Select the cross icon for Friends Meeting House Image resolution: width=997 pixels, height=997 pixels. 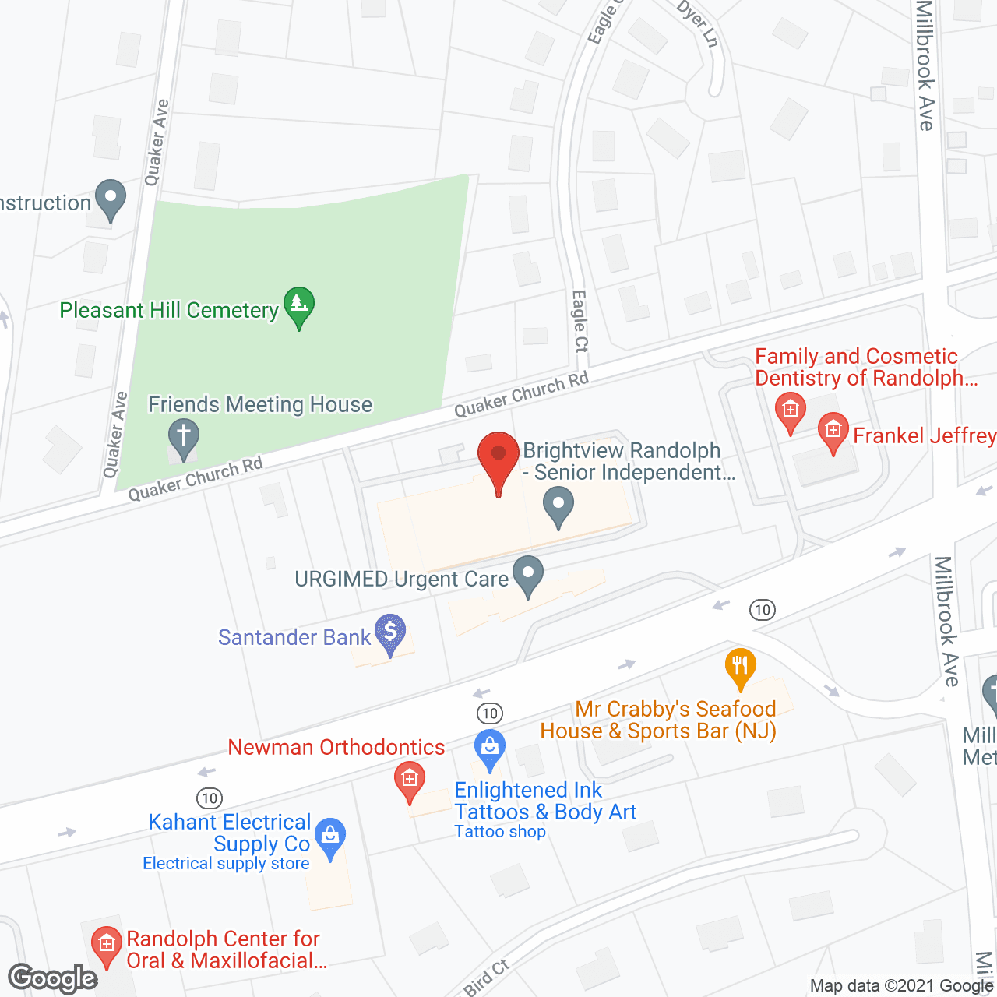point(184,439)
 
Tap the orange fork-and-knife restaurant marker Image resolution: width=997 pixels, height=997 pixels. point(740,667)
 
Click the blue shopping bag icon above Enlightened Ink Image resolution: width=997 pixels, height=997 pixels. point(490,749)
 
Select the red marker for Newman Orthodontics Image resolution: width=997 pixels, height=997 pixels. point(409,780)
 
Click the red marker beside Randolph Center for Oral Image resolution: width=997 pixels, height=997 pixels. point(107,945)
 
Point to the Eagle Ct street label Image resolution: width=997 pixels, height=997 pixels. point(580,321)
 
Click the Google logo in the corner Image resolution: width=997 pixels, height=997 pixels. point(53,979)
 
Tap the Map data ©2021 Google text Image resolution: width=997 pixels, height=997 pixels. point(901,986)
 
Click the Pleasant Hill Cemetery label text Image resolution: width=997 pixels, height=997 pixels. point(169,311)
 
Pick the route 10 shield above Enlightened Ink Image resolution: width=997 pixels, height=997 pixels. point(489,713)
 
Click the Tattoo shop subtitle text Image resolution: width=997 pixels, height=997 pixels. point(500,832)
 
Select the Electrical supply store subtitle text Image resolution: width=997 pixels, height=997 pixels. point(226,863)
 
